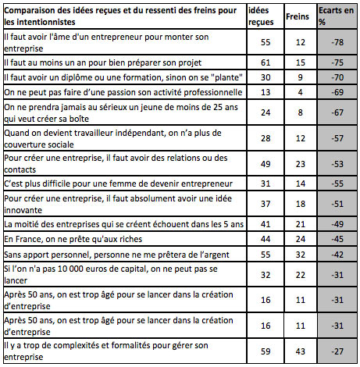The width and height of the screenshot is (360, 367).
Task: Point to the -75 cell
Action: (333, 61)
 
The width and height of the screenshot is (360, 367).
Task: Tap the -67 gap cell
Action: (333, 112)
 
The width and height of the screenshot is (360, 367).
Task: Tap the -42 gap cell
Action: (333, 254)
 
